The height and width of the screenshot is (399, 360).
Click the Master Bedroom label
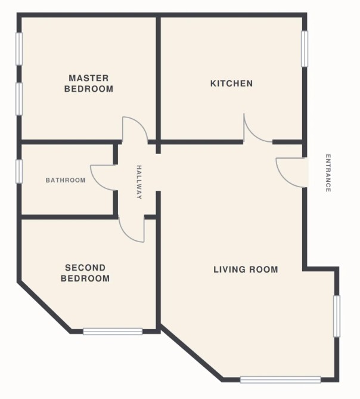pos(89,83)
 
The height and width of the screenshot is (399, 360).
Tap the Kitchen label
pos(232,83)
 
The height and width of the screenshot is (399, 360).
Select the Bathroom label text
pos(66,180)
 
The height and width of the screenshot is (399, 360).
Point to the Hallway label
pos(139,182)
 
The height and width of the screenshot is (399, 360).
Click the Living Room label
pos(246,270)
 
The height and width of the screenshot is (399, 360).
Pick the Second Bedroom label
pos(85,273)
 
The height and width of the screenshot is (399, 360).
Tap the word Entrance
pos(328,173)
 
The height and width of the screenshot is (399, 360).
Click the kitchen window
pos(305,49)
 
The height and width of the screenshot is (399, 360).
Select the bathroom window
pos(19,171)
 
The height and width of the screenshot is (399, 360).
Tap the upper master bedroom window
pos(19,49)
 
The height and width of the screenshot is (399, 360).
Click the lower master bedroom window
pos(19,99)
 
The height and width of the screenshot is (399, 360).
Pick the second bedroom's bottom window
pos(113,332)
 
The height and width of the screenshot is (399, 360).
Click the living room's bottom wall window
pos(280,380)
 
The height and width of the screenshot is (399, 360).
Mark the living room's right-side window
pos(337,316)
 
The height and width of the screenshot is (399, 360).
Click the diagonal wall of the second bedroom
pos(45,307)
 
